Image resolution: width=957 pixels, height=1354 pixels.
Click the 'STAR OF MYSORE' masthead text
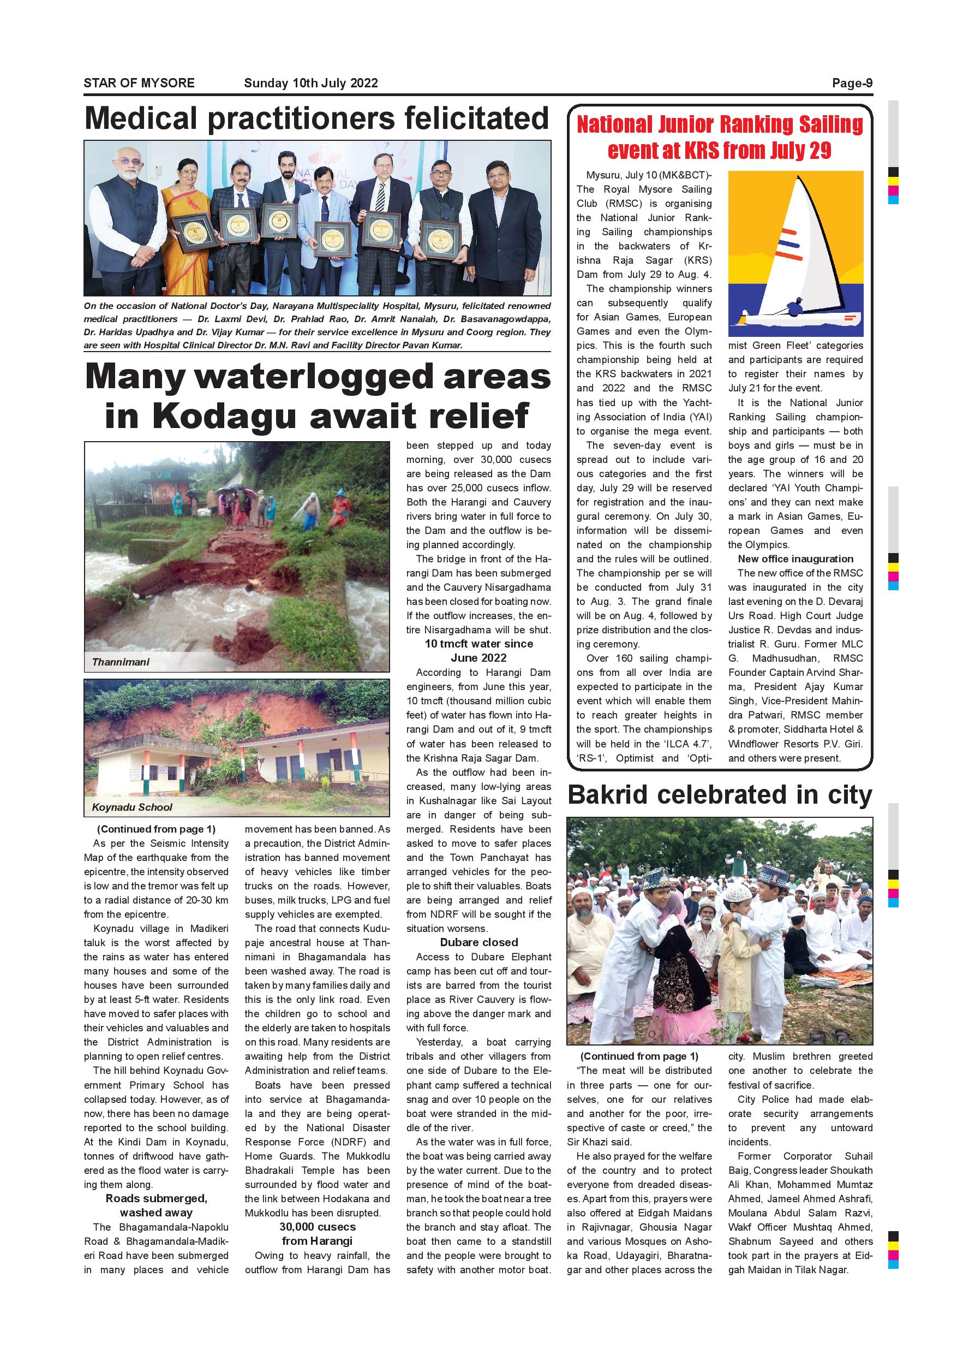[139, 83]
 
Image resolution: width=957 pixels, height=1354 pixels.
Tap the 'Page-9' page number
[852, 83]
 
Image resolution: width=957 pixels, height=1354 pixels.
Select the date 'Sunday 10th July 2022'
[310, 83]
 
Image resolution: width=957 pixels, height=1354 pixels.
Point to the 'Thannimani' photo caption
[120, 662]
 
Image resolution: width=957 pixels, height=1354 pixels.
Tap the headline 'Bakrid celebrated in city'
[719, 794]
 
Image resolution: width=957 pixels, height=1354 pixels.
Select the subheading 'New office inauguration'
[795, 559]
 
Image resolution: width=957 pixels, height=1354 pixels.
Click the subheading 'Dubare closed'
[478, 942]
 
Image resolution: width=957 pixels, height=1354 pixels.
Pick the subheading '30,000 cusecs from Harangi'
[317, 1234]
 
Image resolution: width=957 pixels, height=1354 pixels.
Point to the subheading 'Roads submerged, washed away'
[156, 1205]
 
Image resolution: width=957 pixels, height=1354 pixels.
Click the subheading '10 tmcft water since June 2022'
[478, 650]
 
